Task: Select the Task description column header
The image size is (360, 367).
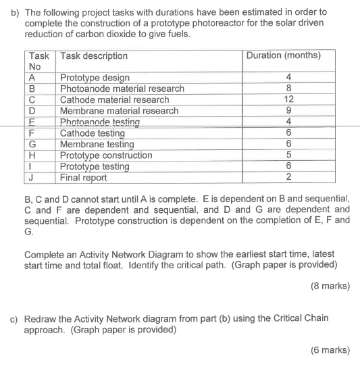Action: pyautogui.click(x=94, y=56)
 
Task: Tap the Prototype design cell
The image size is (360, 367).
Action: pyautogui.click(x=95, y=78)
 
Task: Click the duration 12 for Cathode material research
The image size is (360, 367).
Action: pyautogui.click(x=288, y=100)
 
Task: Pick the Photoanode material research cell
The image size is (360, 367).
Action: pyautogui.click(x=122, y=89)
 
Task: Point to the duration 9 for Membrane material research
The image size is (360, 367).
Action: pyautogui.click(x=288, y=111)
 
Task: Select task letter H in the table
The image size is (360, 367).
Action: pyautogui.click(x=32, y=155)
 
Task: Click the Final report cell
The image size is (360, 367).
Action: pyautogui.click(x=83, y=178)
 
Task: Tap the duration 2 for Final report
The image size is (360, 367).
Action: pyautogui.click(x=288, y=178)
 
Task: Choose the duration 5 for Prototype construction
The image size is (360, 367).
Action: pyautogui.click(x=288, y=155)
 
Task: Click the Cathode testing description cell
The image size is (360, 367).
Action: pyautogui.click(x=93, y=133)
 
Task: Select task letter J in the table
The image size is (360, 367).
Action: pyautogui.click(x=32, y=178)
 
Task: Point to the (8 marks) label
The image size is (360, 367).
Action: pyautogui.click(x=331, y=285)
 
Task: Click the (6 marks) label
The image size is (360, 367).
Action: pyautogui.click(x=331, y=350)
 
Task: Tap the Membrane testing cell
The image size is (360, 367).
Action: pyautogui.click(x=97, y=144)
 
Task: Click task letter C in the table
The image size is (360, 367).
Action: pyautogui.click(x=32, y=100)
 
